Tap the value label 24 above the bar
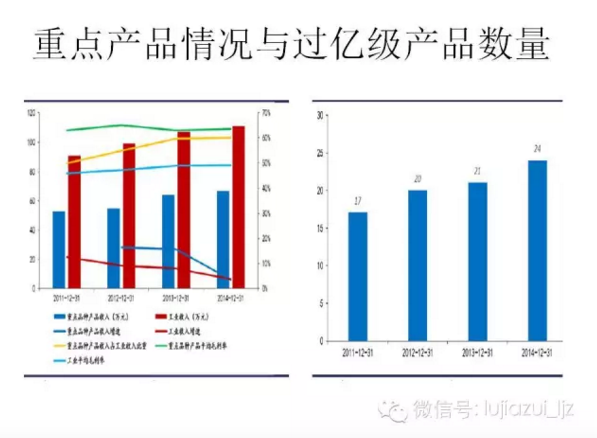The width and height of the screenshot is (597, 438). click(537, 149)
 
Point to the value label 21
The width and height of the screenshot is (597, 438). click(477, 171)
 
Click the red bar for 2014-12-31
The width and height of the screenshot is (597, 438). click(238, 207)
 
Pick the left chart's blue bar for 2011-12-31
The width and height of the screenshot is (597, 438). click(59, 250)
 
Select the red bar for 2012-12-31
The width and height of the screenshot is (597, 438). click(129, 216)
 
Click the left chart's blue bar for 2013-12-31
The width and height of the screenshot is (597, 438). click(168, 241)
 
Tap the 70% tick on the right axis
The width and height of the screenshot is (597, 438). click(266, 113)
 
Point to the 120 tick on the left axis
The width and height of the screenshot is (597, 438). click(31, 113)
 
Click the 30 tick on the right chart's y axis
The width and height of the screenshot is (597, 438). click(320, 115)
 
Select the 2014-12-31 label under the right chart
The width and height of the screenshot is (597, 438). click(537, 353)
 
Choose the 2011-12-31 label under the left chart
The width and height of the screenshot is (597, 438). click(66, 298)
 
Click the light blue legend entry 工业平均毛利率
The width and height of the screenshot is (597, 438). click(79, 361)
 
